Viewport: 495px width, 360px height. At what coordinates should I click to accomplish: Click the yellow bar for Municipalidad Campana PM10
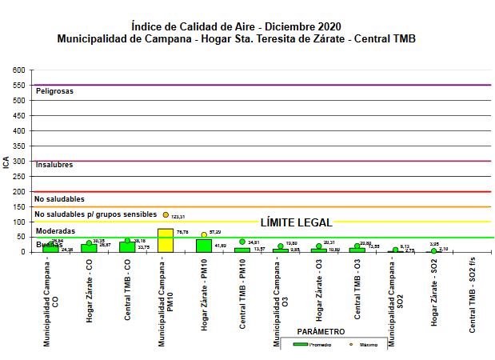pyautogui.click(x=166, y=240)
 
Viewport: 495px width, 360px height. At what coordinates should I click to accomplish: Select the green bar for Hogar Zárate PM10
pyautogui.click(x=204, y=245)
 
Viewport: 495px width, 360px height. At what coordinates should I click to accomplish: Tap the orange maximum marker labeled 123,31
pyautogui.click(x=166, y=214)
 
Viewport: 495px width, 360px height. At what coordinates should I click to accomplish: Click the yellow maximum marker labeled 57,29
pyautogui.click(x=204, y=234)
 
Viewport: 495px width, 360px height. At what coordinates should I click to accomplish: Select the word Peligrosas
pyautogui.click(x=54, y=91)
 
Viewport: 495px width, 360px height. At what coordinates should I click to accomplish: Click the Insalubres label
pyautogui.click(x=54, y=165)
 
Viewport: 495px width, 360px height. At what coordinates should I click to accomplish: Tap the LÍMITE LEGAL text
pyautogui.click(x=297, y=222)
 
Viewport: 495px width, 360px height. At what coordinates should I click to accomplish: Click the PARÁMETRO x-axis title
pyautogui.click(x=321, y=330)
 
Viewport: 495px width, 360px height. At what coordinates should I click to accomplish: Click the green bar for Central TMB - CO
pyautogui.click(x=127, y=246)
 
